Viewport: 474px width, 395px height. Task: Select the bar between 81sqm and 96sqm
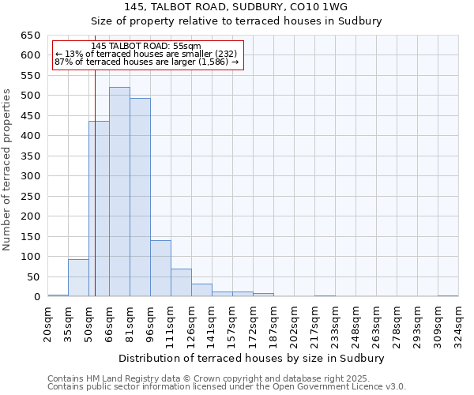tap(140, 197)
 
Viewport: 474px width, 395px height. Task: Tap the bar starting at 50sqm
tap(99, 209)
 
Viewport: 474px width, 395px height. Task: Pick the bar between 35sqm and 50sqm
tap(78, 278)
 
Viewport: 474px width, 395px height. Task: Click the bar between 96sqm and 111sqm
tap(160, 269)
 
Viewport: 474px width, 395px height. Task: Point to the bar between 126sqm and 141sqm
tap(201, 290)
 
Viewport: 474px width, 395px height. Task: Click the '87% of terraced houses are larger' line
tap(146, 62)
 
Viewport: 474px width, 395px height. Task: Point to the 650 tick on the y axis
tap(30, 36)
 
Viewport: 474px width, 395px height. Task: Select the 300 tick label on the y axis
tap(30, 176)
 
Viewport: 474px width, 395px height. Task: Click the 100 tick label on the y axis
tap(30, 257)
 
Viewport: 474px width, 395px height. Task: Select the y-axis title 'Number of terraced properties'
tap(8, 170)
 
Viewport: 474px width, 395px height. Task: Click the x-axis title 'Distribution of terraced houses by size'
tap(253, 358)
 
